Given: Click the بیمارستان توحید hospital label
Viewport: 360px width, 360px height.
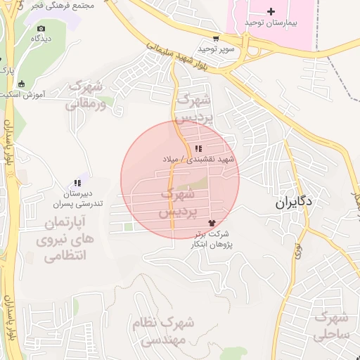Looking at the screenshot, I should click(x=271, y=23).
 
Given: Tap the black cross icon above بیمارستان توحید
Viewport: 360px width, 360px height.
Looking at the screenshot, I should click(x=271, y=11).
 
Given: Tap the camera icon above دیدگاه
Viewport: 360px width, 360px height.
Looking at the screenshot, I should click(x=41, y=29).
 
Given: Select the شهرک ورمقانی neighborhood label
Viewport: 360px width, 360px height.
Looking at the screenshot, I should click(x=86, y=96).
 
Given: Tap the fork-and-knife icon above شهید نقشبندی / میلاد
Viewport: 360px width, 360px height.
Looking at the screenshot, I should click(x=200, y=148).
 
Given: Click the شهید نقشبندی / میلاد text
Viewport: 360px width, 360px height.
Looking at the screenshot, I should click(x=209, y=160).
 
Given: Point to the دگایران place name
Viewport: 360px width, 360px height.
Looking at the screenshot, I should click(x=294, y=203).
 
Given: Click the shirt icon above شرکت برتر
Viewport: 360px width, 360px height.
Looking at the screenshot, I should click(x=212, y=223).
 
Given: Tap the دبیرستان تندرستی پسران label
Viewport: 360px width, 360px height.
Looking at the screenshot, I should click(x=77, y=199).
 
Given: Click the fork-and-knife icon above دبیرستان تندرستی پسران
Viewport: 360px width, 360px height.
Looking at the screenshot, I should click(x=77, y=183).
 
